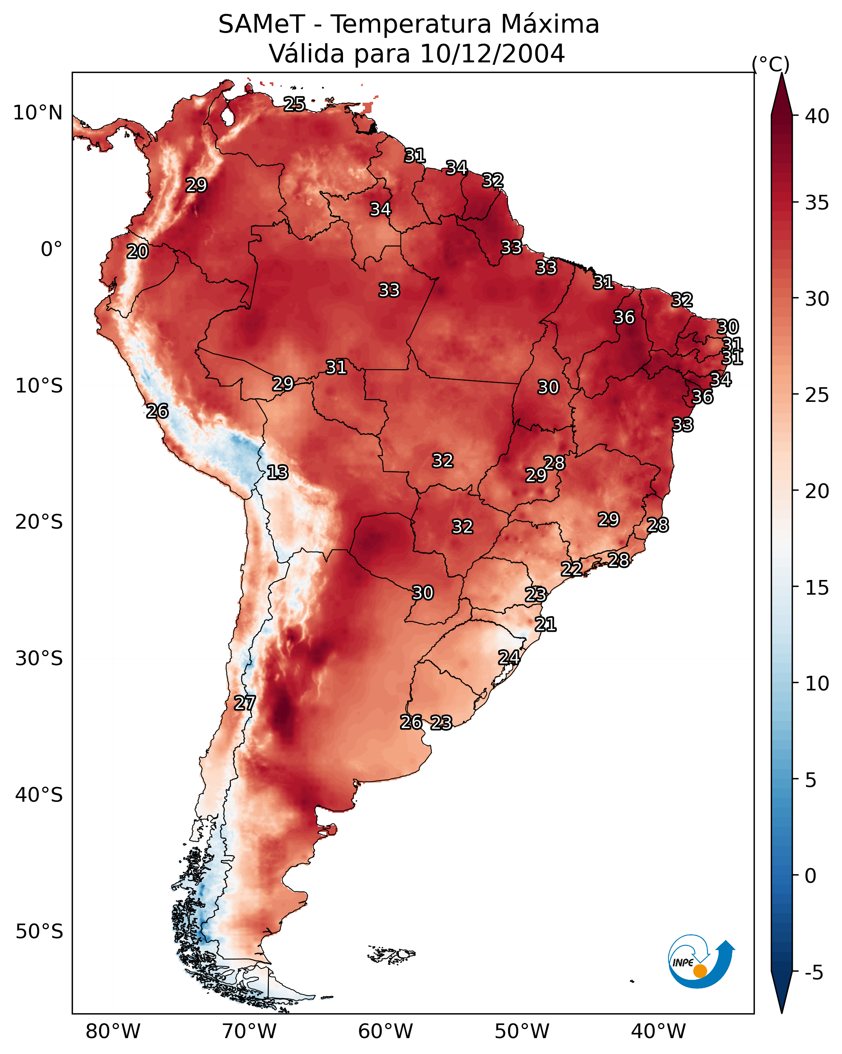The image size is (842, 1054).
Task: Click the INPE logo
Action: click(700, 963)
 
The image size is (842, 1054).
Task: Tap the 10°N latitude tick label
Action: click(37, 113)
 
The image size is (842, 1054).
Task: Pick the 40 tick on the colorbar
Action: click(817, 116)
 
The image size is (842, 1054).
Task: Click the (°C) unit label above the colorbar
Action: click(771, 64)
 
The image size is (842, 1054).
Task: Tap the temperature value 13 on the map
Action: click(277, 472)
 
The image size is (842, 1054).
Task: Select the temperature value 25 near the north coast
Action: click(295, 104)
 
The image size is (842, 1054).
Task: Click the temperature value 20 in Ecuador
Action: click(137, 252)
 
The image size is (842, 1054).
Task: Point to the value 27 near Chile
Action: click(244, 703)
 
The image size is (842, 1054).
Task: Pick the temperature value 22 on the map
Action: click(571, 569)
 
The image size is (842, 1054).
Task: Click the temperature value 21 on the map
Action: click(545, 624)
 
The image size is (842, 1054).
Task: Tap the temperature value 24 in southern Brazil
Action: click(509, 657)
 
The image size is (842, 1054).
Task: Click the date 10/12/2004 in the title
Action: click(492, 53)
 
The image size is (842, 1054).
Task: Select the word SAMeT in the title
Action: click(262, 24)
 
